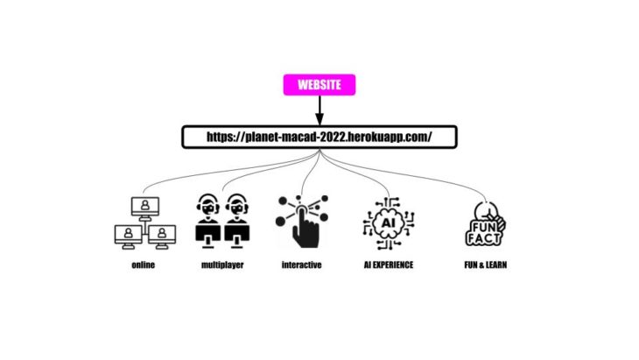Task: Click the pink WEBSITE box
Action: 319,85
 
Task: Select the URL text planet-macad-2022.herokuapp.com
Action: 319,137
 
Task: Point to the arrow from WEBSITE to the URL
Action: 319,110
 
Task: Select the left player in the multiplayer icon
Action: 207,221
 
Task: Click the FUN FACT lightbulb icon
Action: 484,224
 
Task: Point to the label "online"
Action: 143,265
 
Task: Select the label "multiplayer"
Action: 221,265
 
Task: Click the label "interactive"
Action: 301,265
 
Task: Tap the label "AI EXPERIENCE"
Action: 388,265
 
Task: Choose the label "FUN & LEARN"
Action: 484,265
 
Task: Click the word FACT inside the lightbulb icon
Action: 484,236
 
